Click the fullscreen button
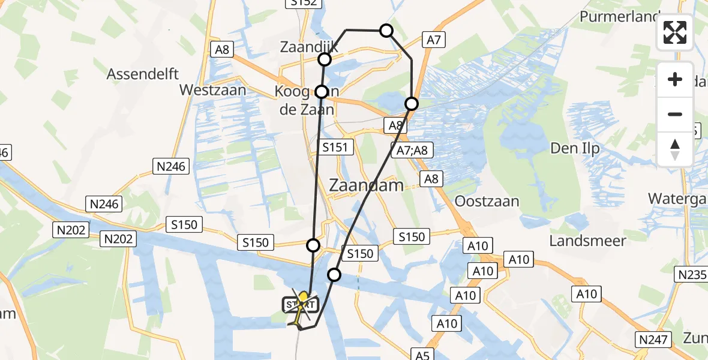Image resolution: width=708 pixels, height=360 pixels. pos(675,32)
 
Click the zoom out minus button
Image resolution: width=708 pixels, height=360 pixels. pos(675,114)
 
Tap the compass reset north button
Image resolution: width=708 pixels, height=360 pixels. pos(675,149)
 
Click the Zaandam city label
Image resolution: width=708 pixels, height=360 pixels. pos(367,185)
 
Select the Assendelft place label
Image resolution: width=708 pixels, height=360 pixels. pos(143,74)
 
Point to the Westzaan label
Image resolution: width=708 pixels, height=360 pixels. pos(213,90)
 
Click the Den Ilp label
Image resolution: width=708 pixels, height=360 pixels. pos(575,149)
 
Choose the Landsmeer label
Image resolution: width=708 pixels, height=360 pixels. pos(588,241)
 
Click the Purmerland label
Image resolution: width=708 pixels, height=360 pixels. pos(620,16)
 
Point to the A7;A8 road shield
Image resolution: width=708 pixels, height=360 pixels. pos(412,150)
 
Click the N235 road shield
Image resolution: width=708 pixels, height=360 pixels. pos(691,275)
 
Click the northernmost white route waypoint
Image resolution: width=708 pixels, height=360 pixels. pos(386,31)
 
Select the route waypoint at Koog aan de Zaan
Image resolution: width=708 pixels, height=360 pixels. pos(322,92)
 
